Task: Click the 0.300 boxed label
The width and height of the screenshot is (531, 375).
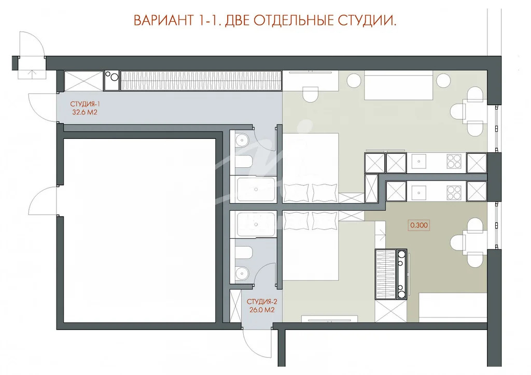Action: point(418,225)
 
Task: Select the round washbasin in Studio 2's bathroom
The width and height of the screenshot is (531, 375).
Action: point(241,272)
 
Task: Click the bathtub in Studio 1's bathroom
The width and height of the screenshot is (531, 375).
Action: point(256,190)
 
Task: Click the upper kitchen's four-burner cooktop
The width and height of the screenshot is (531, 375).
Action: point(454,163)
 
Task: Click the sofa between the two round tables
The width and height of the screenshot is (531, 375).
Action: point(398,86)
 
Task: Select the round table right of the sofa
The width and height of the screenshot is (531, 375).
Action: point(443,81)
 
